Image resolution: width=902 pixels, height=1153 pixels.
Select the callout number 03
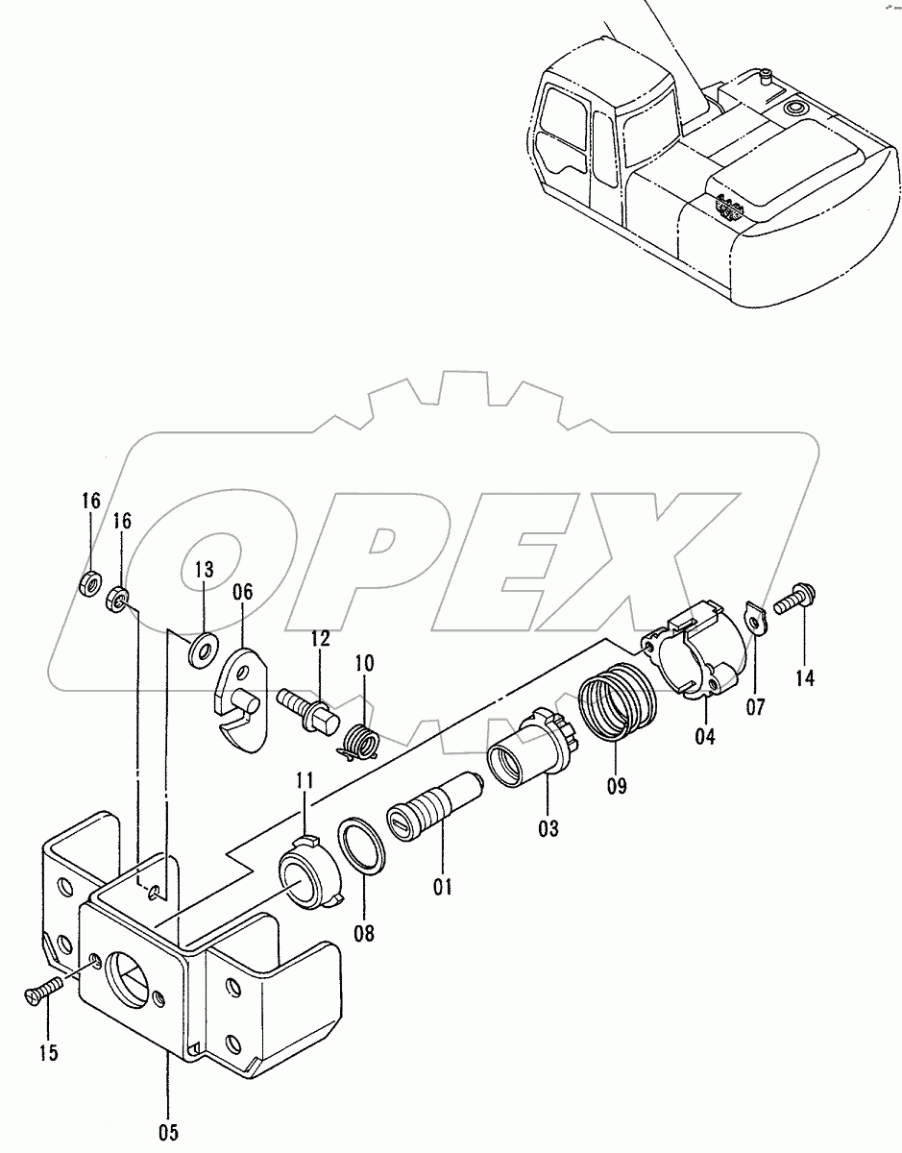tap(548, 827)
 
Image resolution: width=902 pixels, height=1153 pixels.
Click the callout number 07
tap(755, 707)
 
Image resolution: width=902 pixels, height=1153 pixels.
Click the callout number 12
tap(320, 638)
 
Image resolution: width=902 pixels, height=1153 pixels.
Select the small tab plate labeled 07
tap(756, 618)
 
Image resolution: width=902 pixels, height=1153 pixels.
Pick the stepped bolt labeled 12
tap(307, 710)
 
